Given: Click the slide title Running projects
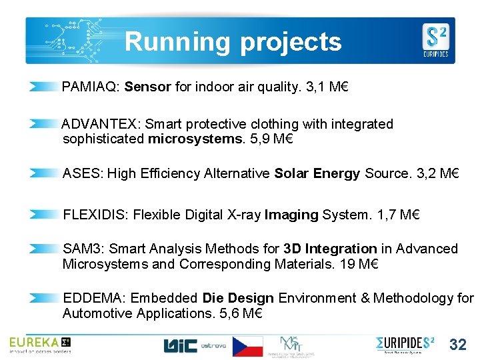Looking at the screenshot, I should click(x=233, y=41).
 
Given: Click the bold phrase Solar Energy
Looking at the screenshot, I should click(x=317, y=174).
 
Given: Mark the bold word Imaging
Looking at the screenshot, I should click(x=291, y=215).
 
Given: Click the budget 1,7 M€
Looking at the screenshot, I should click(x=399, y=215).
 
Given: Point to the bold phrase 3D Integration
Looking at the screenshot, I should click(x=330, y=249).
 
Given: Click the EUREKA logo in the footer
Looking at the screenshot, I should click(x=39, y=344).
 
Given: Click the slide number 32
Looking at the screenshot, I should click(x=458, y=345).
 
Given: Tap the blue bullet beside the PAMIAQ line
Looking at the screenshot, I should click(x=44, y=87).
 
